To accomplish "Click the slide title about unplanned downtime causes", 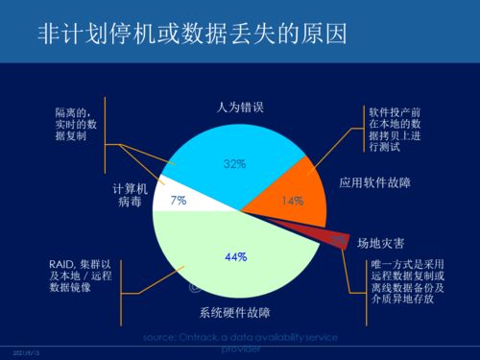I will tap(192, 36).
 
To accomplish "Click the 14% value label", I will tap(292, 201).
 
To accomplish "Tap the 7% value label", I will tap(178, 202).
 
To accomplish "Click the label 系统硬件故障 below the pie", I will tap(234, 312).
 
